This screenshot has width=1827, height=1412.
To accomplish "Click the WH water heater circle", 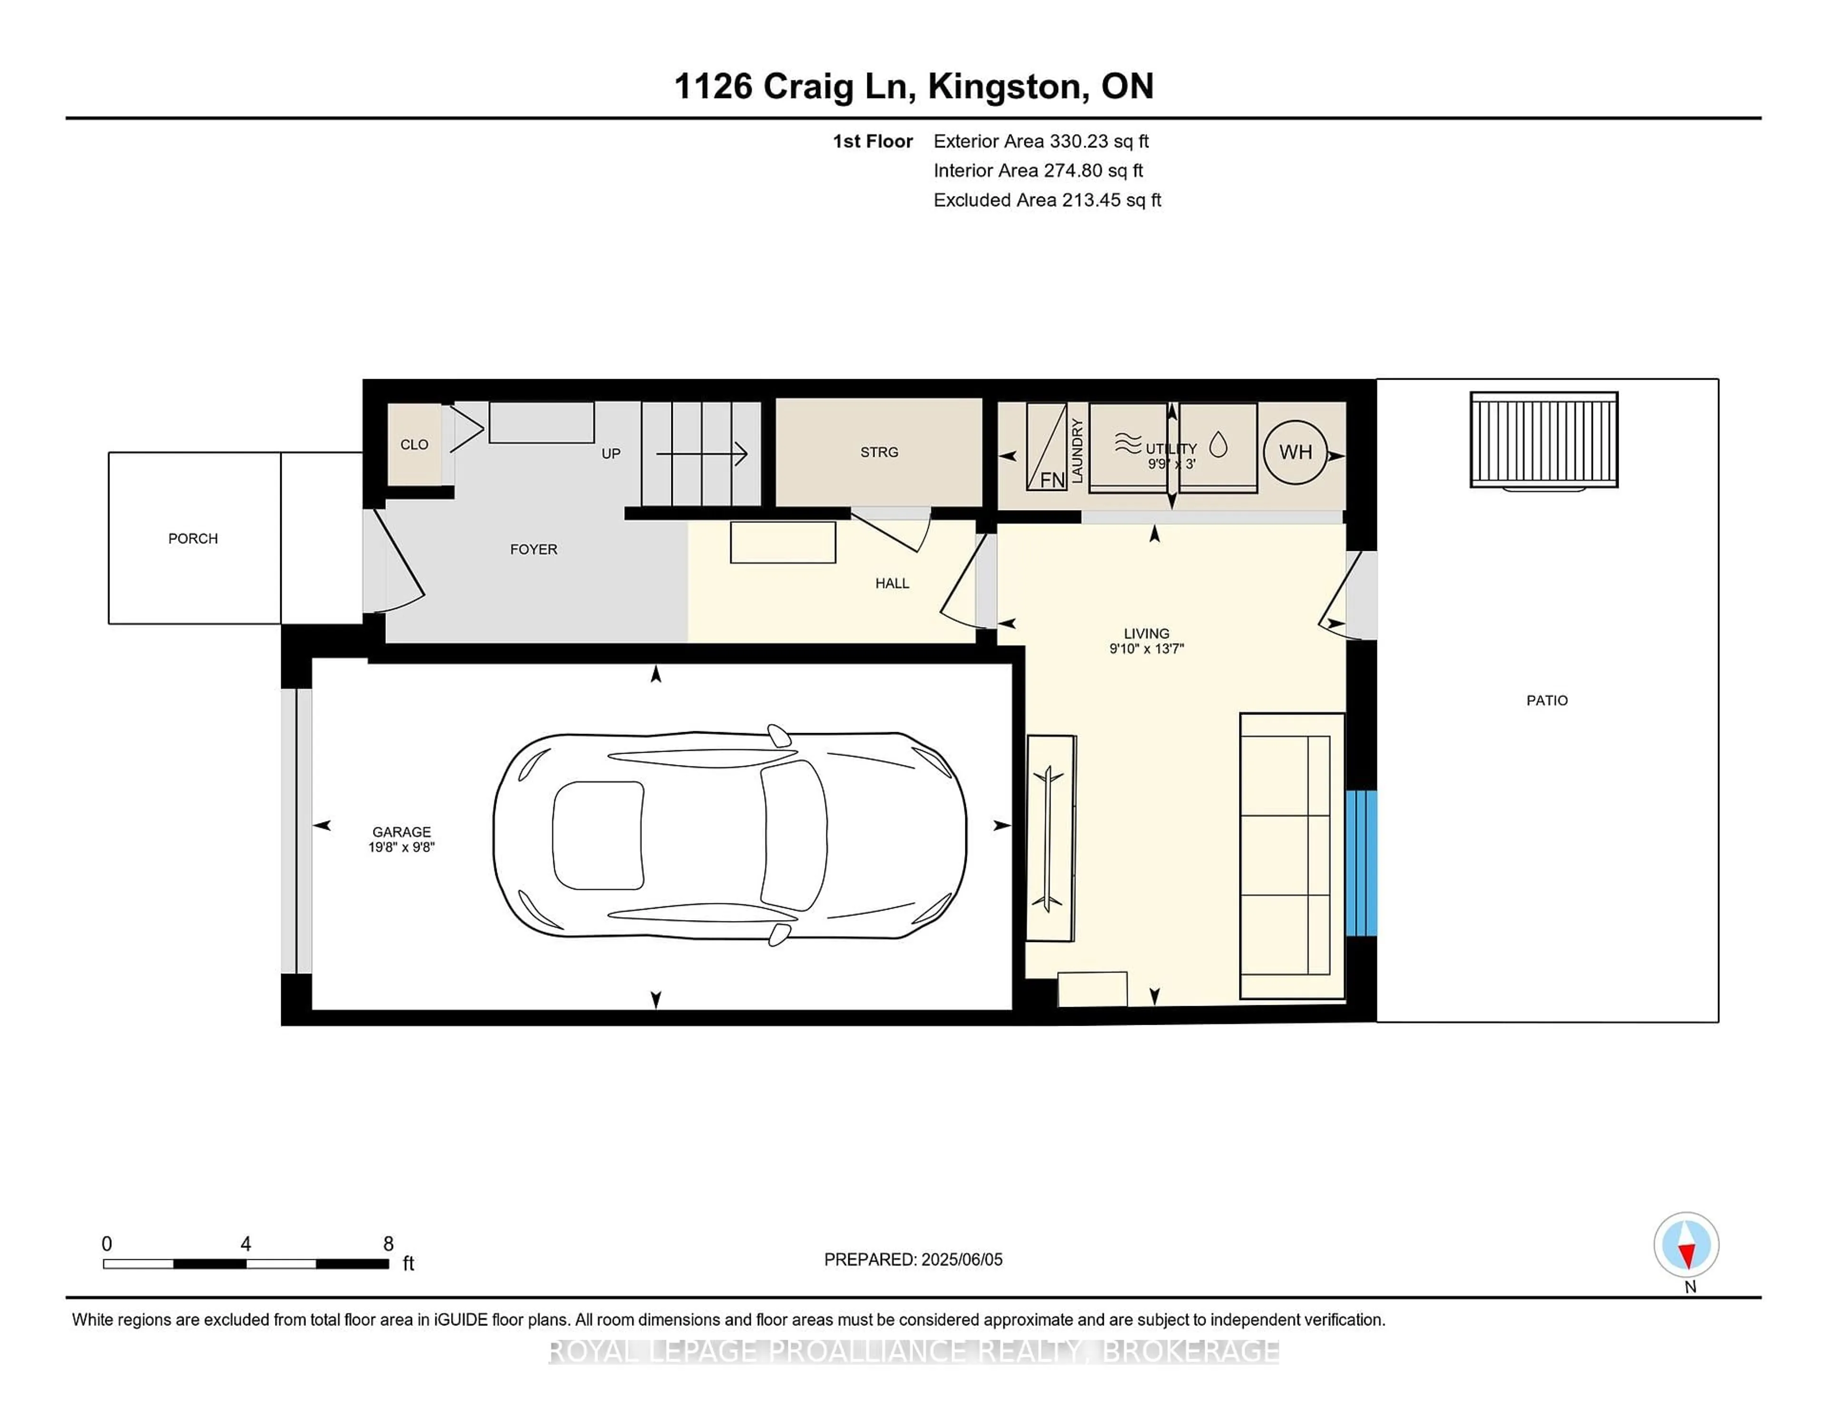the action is (x=1295, y=451).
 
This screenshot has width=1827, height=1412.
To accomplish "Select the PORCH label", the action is (x=193, y=539).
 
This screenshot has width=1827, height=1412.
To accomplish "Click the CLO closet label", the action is (x=414, y=444).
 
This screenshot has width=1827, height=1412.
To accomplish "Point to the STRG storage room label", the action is (x=879, y=451).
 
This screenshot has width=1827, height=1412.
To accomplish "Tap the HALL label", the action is (x=892, y=583).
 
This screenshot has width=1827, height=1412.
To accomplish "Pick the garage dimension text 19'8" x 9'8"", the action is (x=402, y=846).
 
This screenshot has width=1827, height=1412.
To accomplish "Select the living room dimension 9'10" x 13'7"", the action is (x=1147, y=648).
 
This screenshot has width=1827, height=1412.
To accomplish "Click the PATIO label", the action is (x=1547, y=700).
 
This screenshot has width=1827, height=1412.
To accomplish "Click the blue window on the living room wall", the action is (x=1361, y=863).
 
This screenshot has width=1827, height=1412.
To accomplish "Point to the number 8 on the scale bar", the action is (x=388, y=1244).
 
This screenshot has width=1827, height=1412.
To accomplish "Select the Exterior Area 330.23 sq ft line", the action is (x=1041, y=141).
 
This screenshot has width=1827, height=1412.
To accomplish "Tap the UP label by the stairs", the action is (x=611, y=453).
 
